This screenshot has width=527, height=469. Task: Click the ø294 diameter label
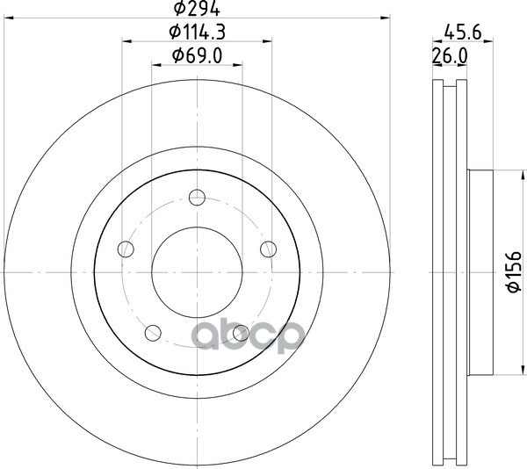197,8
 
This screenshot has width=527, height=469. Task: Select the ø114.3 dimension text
197,32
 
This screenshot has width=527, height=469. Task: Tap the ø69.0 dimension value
197,55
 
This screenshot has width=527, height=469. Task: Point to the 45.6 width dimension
463,32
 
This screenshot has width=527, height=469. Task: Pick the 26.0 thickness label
450,55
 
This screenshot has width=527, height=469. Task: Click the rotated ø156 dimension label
514,271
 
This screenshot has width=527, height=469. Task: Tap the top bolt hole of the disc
197,198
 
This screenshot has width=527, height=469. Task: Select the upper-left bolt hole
126,249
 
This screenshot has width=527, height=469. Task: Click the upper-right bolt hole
269,249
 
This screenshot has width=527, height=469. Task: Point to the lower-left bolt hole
153,333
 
